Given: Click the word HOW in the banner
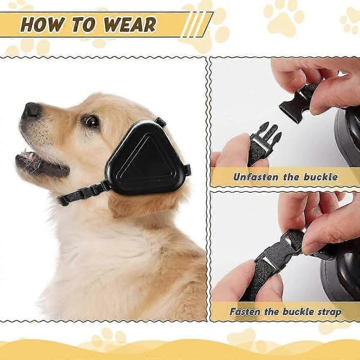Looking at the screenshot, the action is (x=43, y=25).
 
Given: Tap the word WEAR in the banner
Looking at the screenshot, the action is (x=130, y=25).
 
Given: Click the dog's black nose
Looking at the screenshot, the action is (x=32, y=110).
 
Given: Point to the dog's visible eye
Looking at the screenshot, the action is (x=92, y=122).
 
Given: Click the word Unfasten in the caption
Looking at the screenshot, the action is (x=256, y=177).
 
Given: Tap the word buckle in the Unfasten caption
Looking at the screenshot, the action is (x=321, y=177).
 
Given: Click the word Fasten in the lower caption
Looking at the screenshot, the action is (x=245, y=312).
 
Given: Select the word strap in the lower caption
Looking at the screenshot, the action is (x=329, y=313).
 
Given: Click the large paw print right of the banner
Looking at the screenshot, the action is (x=284, y=20).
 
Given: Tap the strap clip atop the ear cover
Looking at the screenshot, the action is (x=160, y=121).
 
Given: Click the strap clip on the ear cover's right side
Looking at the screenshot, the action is (x=187, y=169).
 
